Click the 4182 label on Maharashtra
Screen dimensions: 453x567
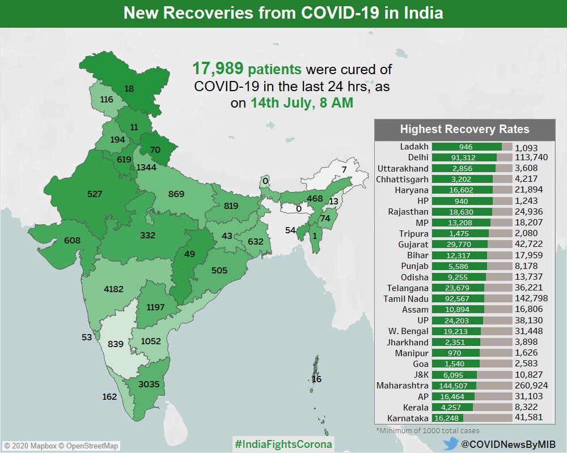coord(113,289)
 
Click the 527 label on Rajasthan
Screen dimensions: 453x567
coord(95,194)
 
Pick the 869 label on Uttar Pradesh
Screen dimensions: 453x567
coord(176,194)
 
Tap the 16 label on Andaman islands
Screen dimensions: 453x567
coord(316,379)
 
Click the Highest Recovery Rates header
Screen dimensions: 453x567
coord(464,129)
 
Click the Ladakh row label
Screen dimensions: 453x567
coord(414,147)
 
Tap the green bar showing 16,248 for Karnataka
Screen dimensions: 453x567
coord(447,418)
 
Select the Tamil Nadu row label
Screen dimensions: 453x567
coord(406,298)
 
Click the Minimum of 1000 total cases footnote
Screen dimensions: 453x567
coord(427,431)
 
